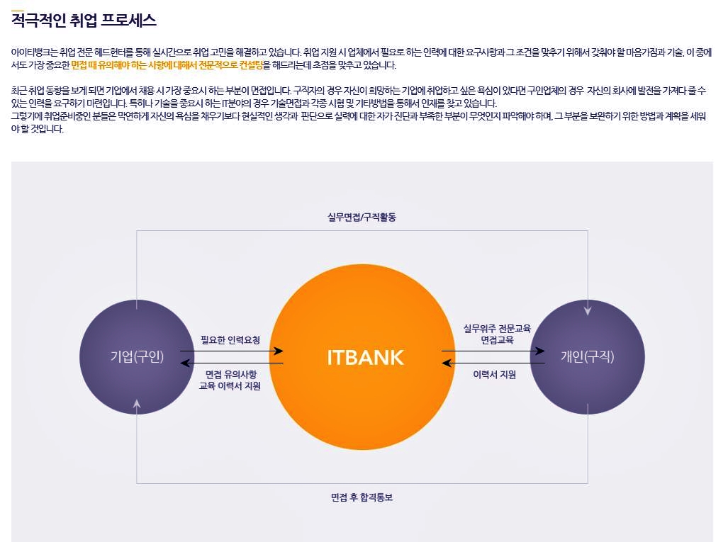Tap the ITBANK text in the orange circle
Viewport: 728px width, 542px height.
point(365,358)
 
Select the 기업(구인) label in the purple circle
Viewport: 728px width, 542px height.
point(137,357)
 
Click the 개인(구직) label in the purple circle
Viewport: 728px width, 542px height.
point(587,357)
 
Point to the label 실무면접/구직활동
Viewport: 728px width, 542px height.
point(362,217)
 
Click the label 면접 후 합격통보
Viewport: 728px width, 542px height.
point(362,497)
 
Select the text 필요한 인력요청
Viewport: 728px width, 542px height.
point(230,340)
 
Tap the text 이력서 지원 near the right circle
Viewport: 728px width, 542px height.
point(494,374)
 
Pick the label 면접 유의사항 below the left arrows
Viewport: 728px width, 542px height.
point(231,374)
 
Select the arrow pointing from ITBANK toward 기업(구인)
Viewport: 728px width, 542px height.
point(231,363)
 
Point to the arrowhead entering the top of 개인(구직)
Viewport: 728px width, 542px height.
point(587,310)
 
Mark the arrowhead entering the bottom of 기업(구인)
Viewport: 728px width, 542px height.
point(137,404)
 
